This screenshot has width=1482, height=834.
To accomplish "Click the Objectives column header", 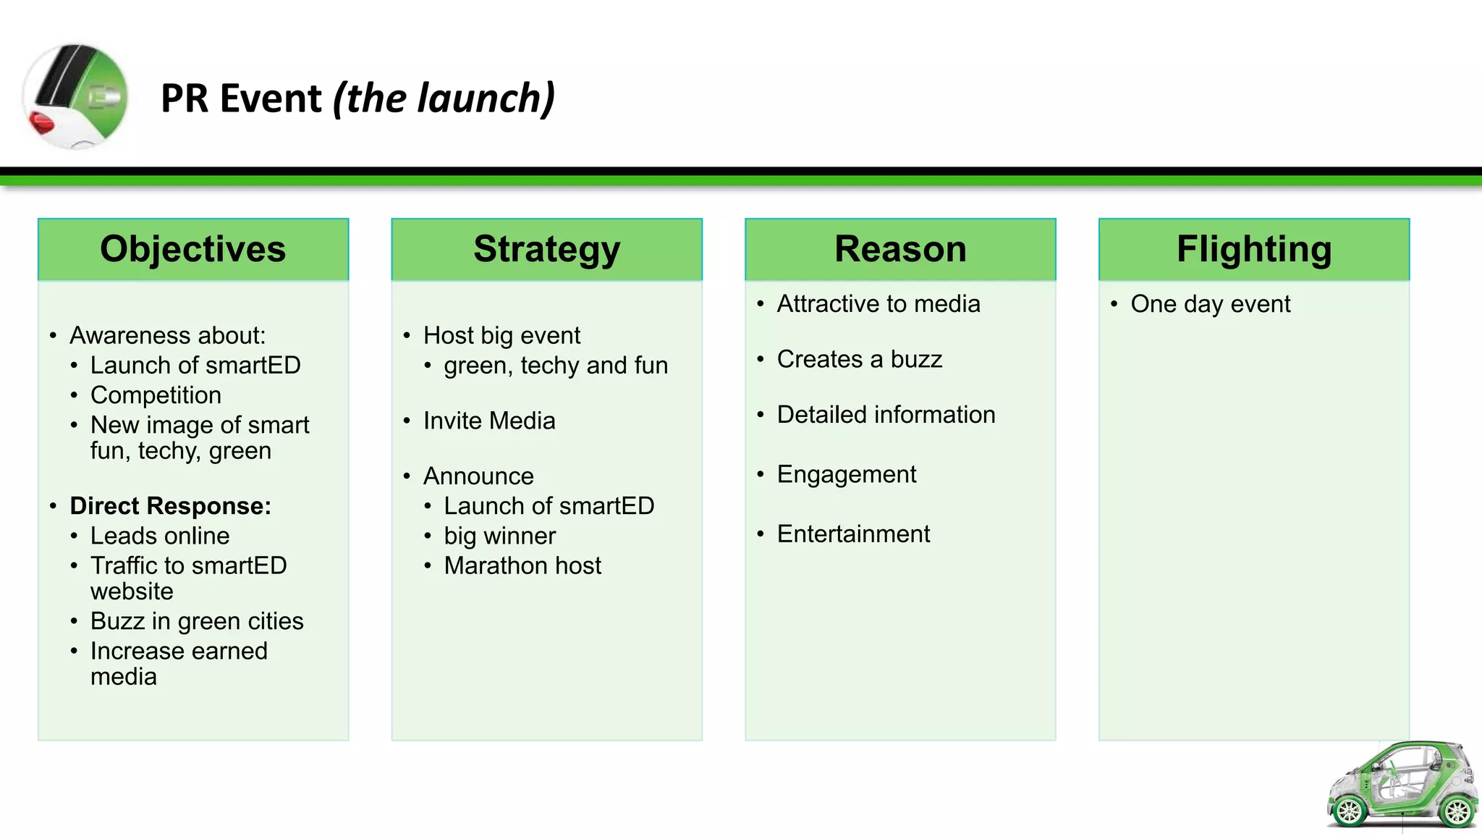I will [x=192, y=249].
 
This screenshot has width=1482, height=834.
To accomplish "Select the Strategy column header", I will [x=546, y=249].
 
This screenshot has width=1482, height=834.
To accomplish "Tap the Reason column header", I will [x=900, y=249].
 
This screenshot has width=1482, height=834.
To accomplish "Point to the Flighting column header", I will [x=1253, y=249].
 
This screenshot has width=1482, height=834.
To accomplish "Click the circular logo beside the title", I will [x=75, y=96].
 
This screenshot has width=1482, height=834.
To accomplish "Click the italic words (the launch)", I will [x=444, y=98].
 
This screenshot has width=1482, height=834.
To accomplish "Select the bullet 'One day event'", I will [x=1210, y=304].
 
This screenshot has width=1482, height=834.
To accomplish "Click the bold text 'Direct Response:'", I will [x=170, y=506].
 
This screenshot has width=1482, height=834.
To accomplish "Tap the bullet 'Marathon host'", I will [x=522, y=565].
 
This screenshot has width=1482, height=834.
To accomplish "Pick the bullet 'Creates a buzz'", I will [x=859, y=359].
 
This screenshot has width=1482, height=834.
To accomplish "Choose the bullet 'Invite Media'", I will [x=489, y=421].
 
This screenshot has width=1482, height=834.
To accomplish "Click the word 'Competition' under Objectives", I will [x=156, y=395].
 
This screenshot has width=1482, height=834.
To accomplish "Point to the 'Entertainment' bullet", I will [x=853, y=534].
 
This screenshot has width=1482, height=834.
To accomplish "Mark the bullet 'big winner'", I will [x=499, y=536].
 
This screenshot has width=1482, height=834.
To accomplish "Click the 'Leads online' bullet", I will [x=160, y=536].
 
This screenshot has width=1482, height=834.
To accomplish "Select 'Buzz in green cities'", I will [x=197, y=621].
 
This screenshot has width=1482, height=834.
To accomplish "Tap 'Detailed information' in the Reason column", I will [x=886, y=415].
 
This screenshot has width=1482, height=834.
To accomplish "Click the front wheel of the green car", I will [x=1349, y=811].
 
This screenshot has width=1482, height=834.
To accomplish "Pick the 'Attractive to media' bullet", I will [x=878, y=304].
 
